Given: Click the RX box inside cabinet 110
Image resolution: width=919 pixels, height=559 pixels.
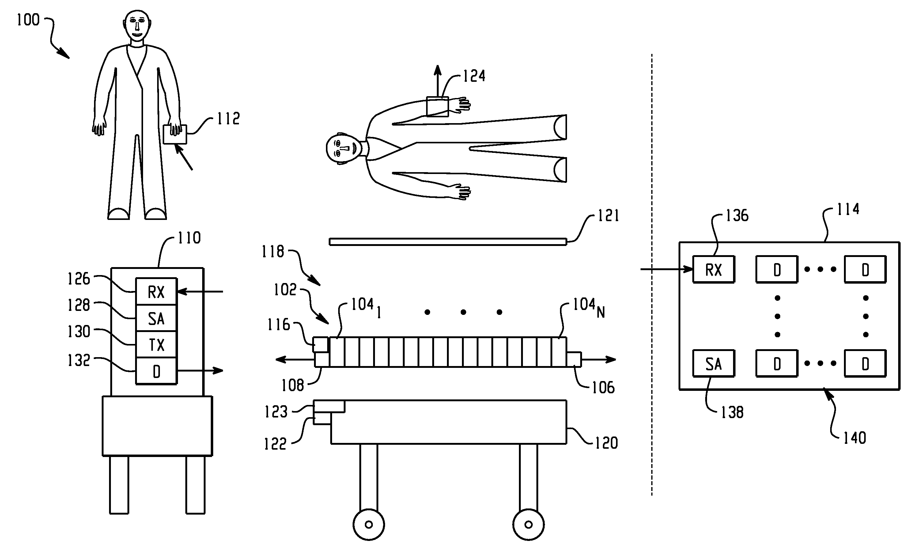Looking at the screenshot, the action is click(x=156, y=292).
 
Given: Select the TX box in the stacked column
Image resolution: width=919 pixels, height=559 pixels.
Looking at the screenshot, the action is click(x=156, y=345).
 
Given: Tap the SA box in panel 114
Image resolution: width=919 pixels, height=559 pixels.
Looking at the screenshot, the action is click(x=713, y=364).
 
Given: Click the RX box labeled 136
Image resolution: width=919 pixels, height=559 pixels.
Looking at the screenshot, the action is click(x=713, y=269).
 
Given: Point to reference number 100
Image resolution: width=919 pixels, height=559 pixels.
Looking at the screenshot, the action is click(x=28, y=20).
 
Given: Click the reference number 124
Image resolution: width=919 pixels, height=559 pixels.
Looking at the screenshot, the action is click(x=474, y=76).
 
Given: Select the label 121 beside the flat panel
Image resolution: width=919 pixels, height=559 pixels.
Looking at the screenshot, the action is click(x=608, y=216).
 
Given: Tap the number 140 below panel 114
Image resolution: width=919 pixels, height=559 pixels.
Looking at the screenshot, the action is click(x=854, y=438).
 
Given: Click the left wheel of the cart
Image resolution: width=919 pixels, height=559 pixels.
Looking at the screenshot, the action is click(x=369, y=525).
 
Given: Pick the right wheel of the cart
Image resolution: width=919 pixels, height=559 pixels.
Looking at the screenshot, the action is click(x=528, y=525).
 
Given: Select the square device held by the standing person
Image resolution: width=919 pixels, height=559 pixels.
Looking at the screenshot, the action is click(x=175, y=134).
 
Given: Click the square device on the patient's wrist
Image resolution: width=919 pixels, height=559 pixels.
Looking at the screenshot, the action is click(x=437, y=107).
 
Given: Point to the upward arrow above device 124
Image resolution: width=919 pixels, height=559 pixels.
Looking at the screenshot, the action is click(x=438, y=81).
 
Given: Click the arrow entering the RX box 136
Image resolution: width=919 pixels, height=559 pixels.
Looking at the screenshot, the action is click(x=667, y=269).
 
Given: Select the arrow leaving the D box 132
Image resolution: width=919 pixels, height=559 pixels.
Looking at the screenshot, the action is click(x=200, y=370).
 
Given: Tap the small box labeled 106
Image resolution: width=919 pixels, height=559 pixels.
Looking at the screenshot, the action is click(x=574, y=359).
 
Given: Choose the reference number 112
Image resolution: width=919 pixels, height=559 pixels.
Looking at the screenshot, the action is click(x=228, y=119).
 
